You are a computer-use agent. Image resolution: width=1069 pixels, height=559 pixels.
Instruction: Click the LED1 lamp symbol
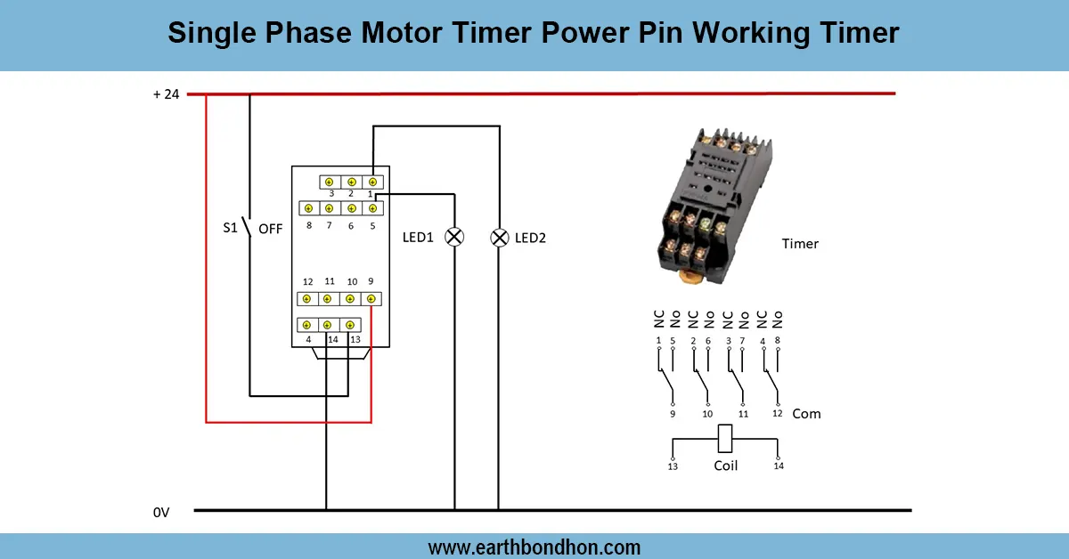point(454,237)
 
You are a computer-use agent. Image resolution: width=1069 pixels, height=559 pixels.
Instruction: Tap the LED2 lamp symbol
point(500,237)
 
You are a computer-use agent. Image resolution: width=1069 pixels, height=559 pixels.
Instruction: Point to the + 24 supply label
point(166,93)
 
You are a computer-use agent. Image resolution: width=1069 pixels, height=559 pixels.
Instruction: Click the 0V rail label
point(160,512)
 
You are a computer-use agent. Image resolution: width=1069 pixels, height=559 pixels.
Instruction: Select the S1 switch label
point(230,228)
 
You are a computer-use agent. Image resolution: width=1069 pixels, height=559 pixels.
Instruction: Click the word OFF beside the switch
point(270,229)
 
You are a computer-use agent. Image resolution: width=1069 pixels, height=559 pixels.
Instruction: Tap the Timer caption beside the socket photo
point(799,243)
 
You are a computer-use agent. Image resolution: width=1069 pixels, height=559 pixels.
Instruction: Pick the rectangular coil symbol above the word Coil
point(726,438)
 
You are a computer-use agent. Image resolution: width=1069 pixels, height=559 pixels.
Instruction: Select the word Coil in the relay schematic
point(726,466)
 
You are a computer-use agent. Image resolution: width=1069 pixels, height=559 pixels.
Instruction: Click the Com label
point(806,414)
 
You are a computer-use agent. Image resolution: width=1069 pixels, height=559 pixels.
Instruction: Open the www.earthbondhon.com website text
point(534,547)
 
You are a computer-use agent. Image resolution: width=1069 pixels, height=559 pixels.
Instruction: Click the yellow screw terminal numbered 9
point(371,299)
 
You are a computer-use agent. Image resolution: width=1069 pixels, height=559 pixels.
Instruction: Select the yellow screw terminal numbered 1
point(372,182)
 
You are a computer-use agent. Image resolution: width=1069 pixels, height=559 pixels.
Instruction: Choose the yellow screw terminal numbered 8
point(308,208)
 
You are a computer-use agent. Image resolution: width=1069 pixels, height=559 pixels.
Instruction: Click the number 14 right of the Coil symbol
point(779,466)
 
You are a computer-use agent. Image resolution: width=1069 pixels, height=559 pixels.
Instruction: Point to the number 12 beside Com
point(778,414)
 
